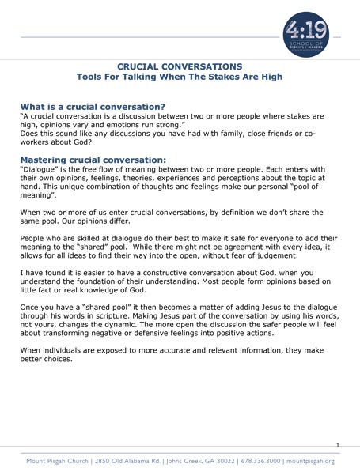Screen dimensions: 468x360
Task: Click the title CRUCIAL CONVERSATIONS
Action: tap(179, 69)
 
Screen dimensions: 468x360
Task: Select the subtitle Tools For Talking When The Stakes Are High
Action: tap(180, 80)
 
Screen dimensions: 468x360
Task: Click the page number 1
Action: tap(337, 445)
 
